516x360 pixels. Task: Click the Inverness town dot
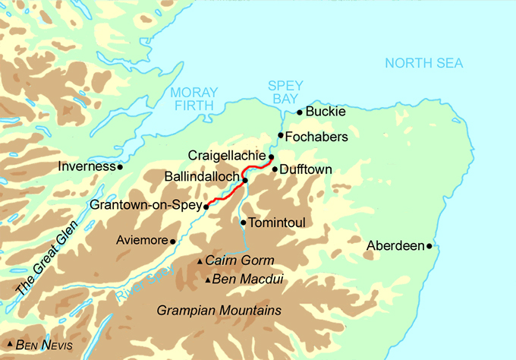120,166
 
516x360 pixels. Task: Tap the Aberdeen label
395,246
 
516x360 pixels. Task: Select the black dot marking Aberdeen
429,246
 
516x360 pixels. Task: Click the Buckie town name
326,112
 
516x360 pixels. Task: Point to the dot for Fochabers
281,136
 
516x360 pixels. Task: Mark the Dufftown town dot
275,169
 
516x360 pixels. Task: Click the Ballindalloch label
202,177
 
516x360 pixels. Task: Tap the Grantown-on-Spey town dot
206,205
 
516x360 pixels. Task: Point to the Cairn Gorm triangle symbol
200,261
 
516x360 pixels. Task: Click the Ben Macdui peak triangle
209,280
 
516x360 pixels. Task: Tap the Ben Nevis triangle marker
9,346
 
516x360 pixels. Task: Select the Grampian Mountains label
219,311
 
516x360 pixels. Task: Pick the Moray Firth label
194,99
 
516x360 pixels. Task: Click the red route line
228,193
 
